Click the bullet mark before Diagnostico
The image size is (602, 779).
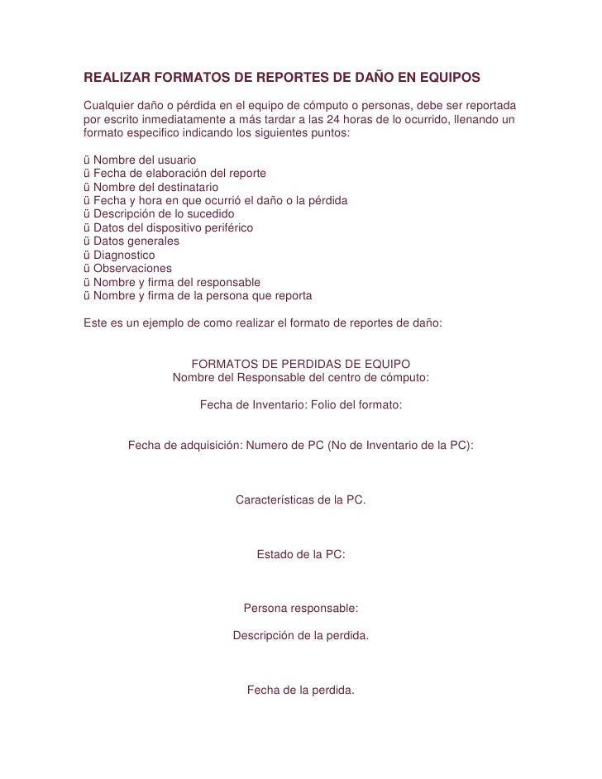(87, 256)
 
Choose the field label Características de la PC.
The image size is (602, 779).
(300, 500)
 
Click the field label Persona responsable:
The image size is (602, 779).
(300, 608)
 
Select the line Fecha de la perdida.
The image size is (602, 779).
(300, 689)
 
